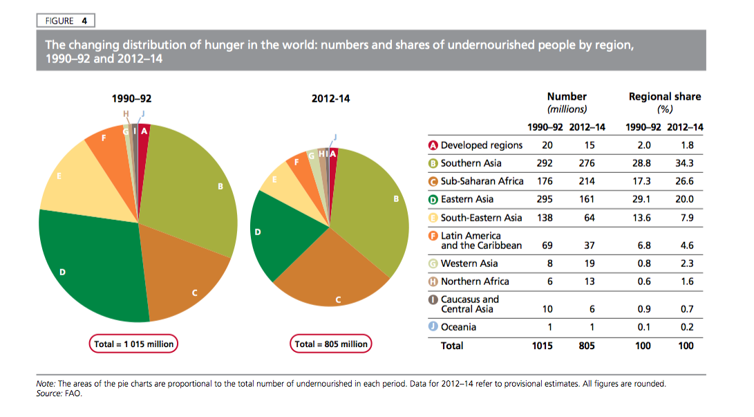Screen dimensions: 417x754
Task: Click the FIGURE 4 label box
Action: coord(66,21)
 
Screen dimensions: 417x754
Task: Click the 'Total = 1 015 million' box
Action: coord(133,344)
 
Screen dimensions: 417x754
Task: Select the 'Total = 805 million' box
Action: coord(331,344)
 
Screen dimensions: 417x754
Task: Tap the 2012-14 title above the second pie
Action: coord(331,99)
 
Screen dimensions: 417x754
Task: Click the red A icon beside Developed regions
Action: coord(433,145)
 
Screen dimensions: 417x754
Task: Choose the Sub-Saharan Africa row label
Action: coord(482,181)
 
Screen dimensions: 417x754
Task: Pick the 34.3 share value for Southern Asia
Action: coord(685,163)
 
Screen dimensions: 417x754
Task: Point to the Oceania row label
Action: coord(458,327)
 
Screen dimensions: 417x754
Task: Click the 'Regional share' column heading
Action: coord(664,97)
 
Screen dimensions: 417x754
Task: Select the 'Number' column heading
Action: coord(567,97)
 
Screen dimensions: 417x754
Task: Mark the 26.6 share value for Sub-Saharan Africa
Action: coord(685,181)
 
